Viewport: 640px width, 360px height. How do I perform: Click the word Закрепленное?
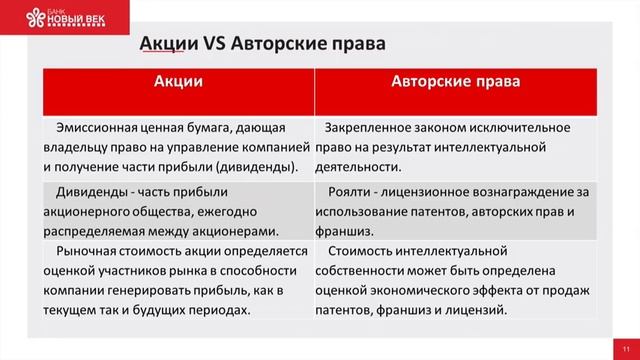[x=373, y=128]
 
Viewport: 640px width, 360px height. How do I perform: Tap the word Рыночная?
[x=89, y=254]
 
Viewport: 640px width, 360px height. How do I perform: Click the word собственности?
[x=363, y=273]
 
